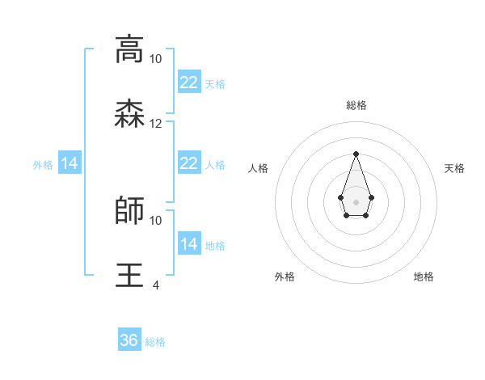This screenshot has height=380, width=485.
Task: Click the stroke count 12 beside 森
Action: [156, 124]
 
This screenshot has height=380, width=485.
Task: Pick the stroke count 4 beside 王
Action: [156, 285]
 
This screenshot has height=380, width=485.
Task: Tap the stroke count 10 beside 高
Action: [156, 59]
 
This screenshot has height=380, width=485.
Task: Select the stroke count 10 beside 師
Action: [156, 220]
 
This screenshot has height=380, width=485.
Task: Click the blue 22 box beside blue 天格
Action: [188, 82]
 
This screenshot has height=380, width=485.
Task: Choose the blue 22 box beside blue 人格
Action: [188, 163]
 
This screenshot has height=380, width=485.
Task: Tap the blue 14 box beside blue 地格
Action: [188, 244]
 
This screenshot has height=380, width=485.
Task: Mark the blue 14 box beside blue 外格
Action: [70, 164]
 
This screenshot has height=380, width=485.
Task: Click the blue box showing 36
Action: [129, 340]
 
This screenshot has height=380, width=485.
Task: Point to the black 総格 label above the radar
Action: [356, 105]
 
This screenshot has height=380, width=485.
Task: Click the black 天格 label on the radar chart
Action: [454, 168]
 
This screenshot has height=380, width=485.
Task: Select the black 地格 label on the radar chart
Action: [424, 277]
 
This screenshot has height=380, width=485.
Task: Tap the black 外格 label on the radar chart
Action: [285, 277]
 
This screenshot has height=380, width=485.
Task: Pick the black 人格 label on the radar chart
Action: [258, 168]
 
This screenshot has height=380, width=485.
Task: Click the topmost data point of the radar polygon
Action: [356, 154]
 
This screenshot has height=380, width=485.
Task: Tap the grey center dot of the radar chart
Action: [356, 201]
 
